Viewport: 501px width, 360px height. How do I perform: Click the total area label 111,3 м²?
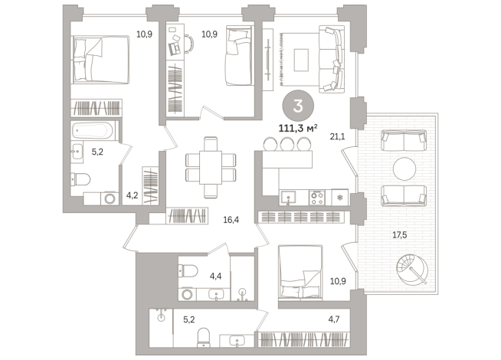pyautogui.click(x=298, y=129)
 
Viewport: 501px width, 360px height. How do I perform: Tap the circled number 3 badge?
pyautogui.click(x=298, y=106)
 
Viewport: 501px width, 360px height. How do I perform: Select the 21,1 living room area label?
pyautogui.click(x=337, y=136)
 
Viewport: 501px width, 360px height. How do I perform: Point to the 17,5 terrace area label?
pyautogui.click(x=399, y=235)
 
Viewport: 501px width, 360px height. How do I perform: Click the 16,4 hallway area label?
pyautogui.click(x=231, y=220)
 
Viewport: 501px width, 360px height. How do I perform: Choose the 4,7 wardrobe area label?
pyautogui.click(x=334, y=319)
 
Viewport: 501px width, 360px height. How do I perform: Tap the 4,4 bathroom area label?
pyautogui.click(x=216, y=276)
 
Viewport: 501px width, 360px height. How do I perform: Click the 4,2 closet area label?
pyautogui.click(x=132, y=195)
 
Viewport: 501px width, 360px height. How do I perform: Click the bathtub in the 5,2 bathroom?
pyautogui.click(x=93, y=130)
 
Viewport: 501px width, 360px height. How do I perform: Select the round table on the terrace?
pyautogui.click(x=404, y=169)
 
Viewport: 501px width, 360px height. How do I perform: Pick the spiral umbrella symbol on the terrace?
pyautogui.click(x=412, y=270)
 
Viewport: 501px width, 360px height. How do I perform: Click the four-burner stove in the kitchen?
pyautogui.click(x=317, y=198)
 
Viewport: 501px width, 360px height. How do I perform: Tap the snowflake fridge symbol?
pyautogui.click(x=340, y=198)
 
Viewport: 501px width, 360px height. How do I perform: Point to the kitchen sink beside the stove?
pyautogui.click(x=288, y=198)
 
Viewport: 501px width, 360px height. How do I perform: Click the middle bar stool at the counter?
pyautogui.click(x=287, y=144)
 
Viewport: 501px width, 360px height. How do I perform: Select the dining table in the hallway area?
pyautogui.click(x=211, y=168)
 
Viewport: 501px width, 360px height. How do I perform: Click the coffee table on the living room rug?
pyautogui.click(x=301, y=60)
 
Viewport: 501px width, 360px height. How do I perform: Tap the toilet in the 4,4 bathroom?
pyautogui.click(x=188, y=271)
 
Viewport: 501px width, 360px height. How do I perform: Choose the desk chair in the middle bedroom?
pyautogui.click(x=189, y=44)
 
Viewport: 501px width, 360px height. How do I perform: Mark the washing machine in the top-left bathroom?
pyautogui.click(x=110, y=198)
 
